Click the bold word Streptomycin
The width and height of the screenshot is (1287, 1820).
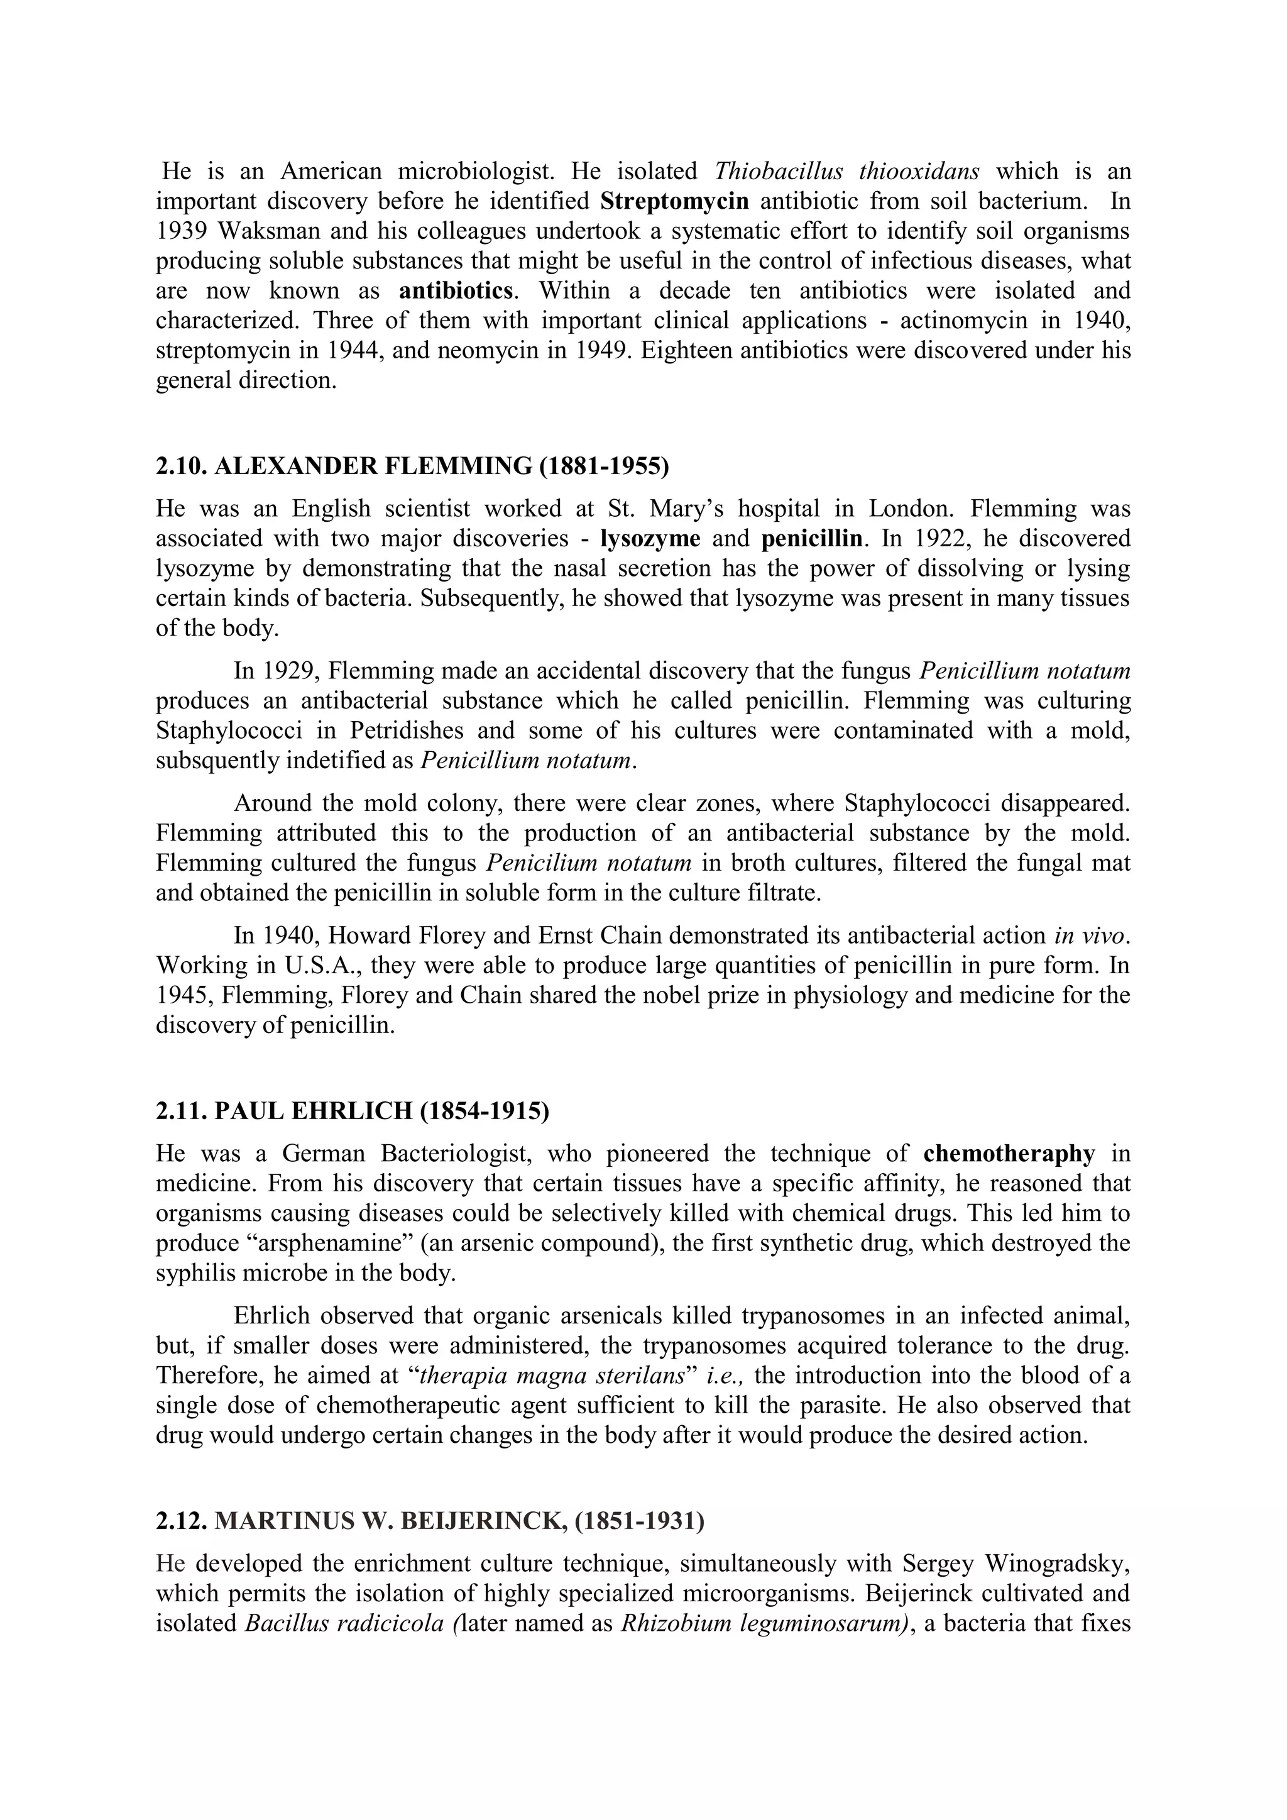674,201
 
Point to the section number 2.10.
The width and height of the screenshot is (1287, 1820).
182,466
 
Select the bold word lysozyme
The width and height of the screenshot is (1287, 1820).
650,538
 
